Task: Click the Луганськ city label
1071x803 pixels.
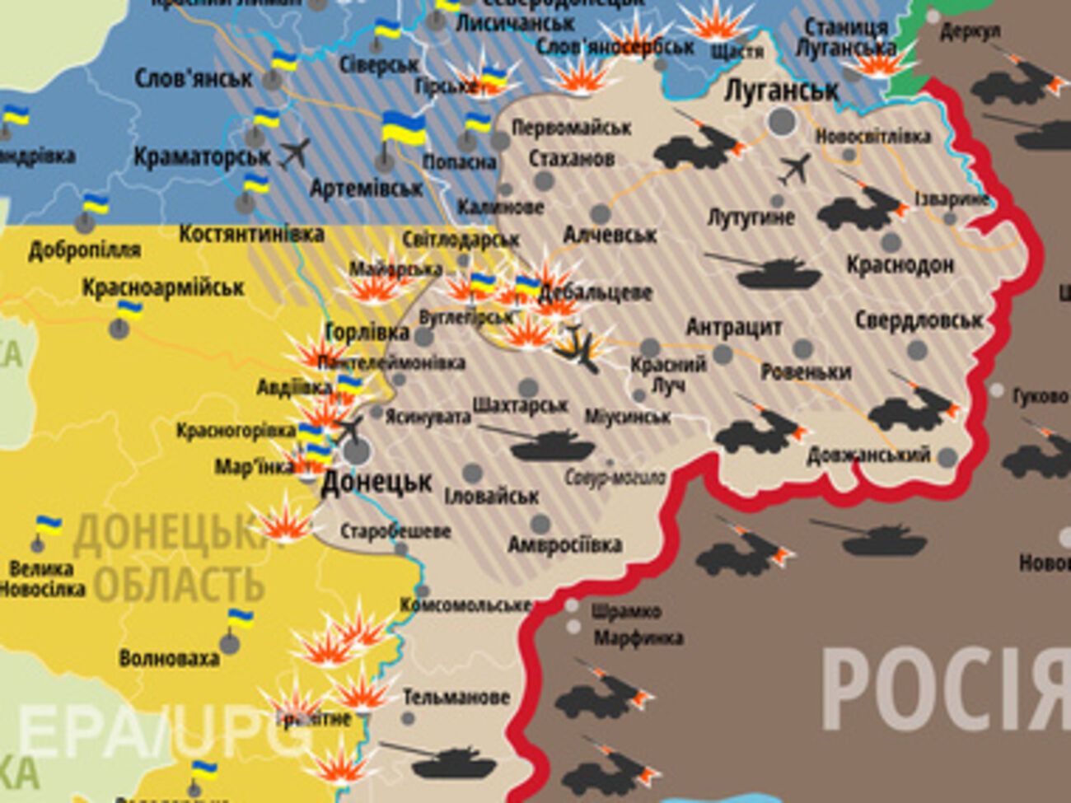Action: (x=780, y=91)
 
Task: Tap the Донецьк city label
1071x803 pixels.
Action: (x=376, y=482)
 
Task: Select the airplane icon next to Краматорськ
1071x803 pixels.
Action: (x=295, y=153)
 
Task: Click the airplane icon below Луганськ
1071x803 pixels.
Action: (x=794, y=170)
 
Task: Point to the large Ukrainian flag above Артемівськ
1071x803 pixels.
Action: (x=403, y=129)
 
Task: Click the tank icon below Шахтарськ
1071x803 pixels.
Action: (x=550, y=445)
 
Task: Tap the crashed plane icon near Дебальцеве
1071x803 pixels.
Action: (x=582, y=346)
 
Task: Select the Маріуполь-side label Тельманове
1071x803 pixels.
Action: (x=456, y=698)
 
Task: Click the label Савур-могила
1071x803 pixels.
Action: (x=615, y=477)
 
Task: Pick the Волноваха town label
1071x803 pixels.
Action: (x=169, y=658)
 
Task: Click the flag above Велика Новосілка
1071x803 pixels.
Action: (x=48, y=525)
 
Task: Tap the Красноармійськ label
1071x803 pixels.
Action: (x=162, y=287)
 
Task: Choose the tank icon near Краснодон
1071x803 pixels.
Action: (x=765, y=271)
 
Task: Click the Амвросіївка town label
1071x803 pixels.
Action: (x=564, y=545)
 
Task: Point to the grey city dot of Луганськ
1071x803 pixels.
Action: (x=782, y=122)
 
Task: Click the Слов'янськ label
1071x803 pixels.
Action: (x=194, y=78)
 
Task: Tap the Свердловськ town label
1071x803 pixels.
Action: (x=918, y=320)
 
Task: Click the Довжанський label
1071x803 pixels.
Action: (x=868, y=455)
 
